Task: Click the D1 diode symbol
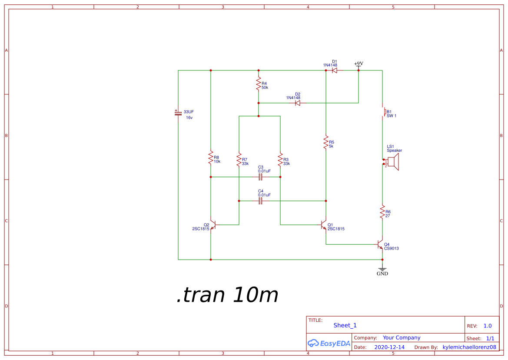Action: [x=335, y=70]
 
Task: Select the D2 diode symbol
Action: [x=298, y=103]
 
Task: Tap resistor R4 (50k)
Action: [x=259, y=83]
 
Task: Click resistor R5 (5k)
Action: [x=326, y=142]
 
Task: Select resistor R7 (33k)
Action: [x=239, y=159]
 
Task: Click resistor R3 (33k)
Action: [x=280, y=159]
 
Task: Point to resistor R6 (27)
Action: [x=382, y=212]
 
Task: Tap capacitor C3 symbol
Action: [x=261, y=177]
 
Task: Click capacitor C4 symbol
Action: [x=261, y=201]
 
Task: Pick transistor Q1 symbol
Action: [x=324, y=225]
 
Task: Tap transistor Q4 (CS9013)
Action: [x=380, y=245]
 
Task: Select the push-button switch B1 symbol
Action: [x=383, y=112]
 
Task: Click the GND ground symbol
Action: [x=382, y=270]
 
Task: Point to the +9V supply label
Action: [x=359, y=64]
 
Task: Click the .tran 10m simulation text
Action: [x=227, y=296]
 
